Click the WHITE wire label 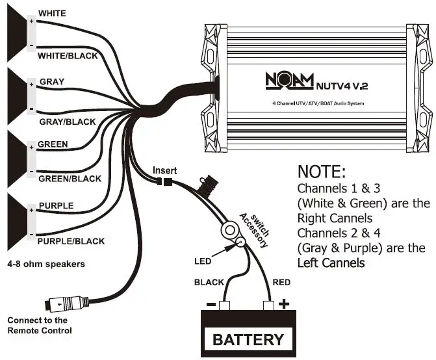point(52,14)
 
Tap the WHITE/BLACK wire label point(68,56)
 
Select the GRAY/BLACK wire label point(68,122)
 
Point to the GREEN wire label point(53,144)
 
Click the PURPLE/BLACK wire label point(71,241)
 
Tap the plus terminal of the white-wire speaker point(31,21)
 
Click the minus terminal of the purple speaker point(31,235)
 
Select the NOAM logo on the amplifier point(289,81)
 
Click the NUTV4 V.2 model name point(342,86)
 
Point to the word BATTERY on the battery point(248,339)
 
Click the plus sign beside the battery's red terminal point(283,304)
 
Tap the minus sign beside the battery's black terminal point(211,305)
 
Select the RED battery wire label point(281,283)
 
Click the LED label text point(203,261)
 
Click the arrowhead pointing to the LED point(229,248)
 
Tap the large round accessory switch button point(229,230)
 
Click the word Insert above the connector point(164,170)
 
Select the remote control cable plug point(67,303)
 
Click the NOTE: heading point(322,172)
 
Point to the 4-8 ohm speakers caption point(46,264)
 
